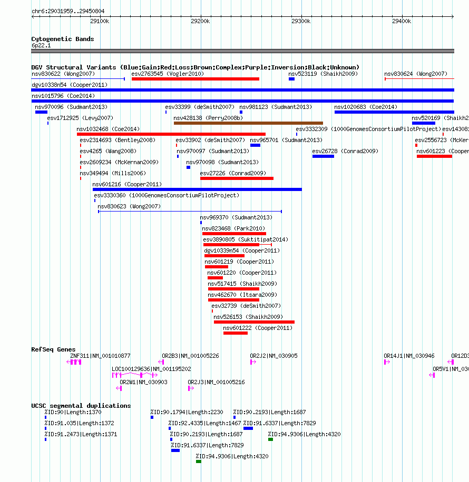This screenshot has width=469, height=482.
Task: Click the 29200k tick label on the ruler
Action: coord(200,22)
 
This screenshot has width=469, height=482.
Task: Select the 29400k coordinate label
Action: coord(402,22)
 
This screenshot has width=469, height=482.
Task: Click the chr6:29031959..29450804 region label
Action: coord(67,11)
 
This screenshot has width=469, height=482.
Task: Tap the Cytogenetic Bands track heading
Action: coord(62,39)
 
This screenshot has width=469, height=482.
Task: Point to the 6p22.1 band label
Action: coord(41,46)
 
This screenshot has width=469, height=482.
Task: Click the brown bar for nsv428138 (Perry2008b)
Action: coord(248,123)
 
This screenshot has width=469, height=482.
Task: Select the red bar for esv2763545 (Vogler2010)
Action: coord(195,79)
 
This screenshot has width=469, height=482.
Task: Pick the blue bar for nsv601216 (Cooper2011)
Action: coord(197,189)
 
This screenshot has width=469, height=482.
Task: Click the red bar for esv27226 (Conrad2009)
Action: coord(237,178)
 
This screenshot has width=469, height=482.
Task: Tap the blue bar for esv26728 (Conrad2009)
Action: coord(323,156)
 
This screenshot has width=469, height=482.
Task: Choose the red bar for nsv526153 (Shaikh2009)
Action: coord(254,322)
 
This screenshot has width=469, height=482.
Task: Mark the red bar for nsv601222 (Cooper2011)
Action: coord(235,333)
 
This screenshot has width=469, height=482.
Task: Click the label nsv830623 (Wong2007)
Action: coord(129,206)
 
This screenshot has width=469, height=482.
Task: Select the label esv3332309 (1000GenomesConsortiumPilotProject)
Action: coord(368,129)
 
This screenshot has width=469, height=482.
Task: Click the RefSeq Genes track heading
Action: coord(53,349)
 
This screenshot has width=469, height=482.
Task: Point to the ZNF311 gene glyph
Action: coord(76,362)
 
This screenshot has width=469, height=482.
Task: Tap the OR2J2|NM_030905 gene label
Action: coord(273,356)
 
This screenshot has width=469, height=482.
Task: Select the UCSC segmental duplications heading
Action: coord(81,406)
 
